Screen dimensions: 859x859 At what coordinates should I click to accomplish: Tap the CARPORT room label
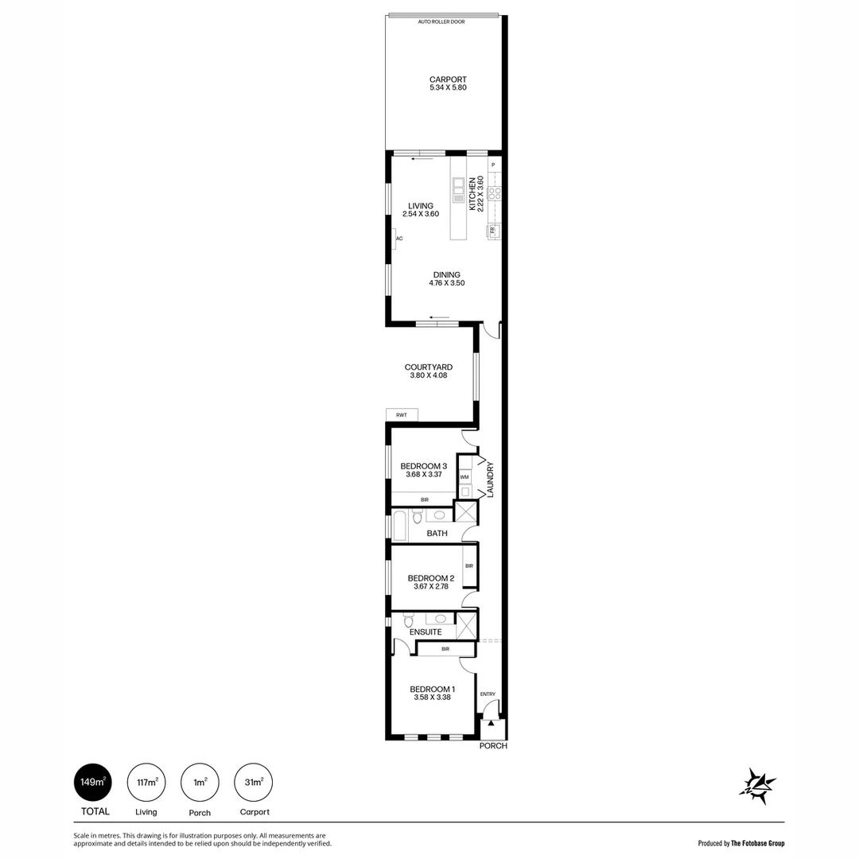pyautogui.click(x=447, y=80)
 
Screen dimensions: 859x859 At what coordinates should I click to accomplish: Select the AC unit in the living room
pyautogui.click(x=397, y=238)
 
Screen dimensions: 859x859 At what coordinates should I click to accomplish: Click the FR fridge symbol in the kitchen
pyautogui.click(x=493, y=231)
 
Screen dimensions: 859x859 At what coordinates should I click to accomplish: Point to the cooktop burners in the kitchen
pyautogui.click(x=493, y=192)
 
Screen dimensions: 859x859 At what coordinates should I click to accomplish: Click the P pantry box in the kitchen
pyautogui.click(x=493, y=165)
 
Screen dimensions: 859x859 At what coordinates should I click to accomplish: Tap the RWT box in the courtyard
pyautogui.click(x=402, y=414)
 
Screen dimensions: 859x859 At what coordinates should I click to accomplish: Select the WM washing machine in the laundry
pyautogui.click(x=464, y=477)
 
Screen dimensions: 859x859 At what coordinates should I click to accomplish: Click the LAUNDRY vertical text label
pyautogui.click(x=491, y=480)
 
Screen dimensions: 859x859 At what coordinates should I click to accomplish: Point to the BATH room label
pyautogui.click(x=437, y=534)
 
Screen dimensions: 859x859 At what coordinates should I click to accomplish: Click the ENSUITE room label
pyautogui.click(x=425, y=632)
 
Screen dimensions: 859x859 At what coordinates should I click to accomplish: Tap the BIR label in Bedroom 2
pyautogui.click(x=469, y=566)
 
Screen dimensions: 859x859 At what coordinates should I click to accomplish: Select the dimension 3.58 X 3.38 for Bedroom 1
pyautogui.click(x=432, y=698)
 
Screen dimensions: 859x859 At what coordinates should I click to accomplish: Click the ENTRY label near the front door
pyautogui.click(x=488, y=694)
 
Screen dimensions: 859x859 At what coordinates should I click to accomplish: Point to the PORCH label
pyautogui.click(x=493, y=746)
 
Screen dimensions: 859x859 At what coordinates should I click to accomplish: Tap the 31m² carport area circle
pyautogui.click(x=255, y=783)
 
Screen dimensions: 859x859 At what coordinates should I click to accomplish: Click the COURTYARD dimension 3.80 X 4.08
pyautogui.click(x=428, y=375)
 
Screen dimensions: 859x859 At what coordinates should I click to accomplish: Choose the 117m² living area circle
pyautogui.click(x=146, y=783)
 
